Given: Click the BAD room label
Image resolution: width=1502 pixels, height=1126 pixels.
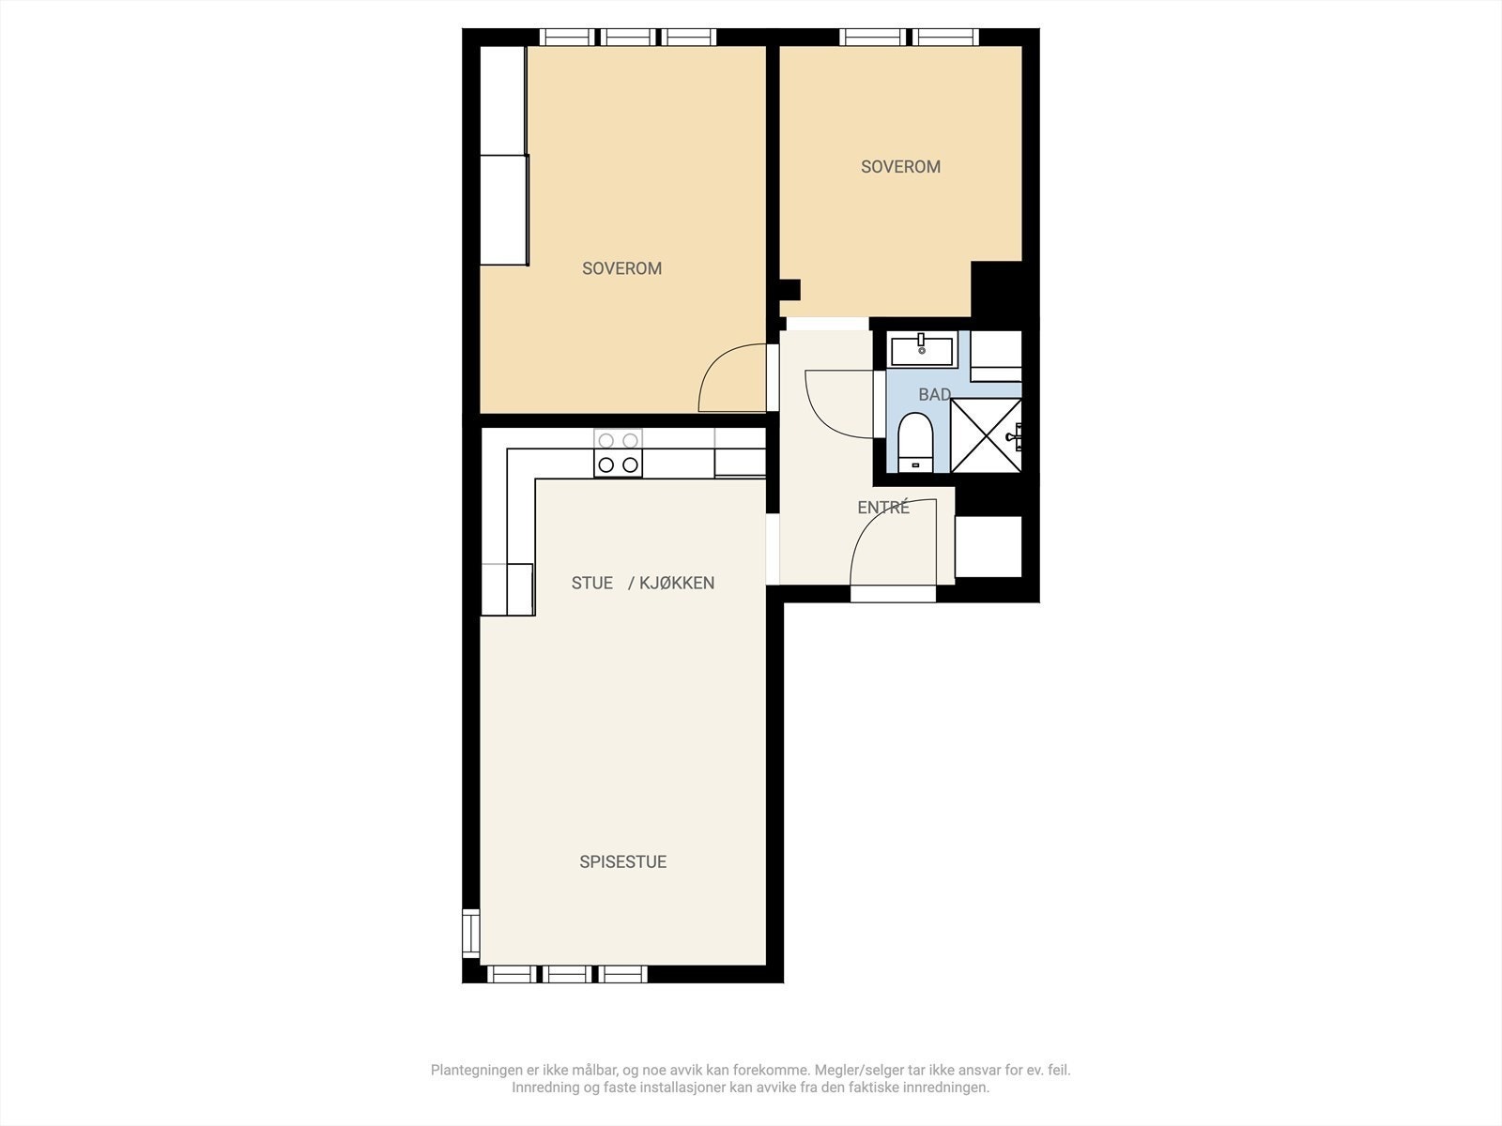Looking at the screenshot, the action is click(x=935, y=394).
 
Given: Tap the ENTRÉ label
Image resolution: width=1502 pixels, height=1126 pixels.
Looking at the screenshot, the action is click(x=883, y=508).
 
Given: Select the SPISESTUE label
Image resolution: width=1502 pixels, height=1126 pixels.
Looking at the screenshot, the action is click(x=622, y=862).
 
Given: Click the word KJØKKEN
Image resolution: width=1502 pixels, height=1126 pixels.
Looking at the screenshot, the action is click(x=677, y=583).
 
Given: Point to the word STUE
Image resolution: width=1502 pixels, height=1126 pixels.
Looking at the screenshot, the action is click(x=592, y=583).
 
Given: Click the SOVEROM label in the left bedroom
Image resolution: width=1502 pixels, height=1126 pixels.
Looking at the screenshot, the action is click(x=622, y=268).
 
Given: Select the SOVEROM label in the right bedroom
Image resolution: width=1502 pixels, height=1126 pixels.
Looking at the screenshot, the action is click(x=900, y=167).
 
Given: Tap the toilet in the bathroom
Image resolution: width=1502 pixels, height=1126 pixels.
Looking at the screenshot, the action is click(x=915, y=442).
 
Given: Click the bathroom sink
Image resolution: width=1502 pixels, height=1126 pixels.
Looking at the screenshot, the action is click(x=922, y=351).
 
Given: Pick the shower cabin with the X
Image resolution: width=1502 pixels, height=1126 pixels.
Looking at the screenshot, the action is click(x=986, y=435).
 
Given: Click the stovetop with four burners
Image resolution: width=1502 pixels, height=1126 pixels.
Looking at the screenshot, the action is click(x=618, y=452).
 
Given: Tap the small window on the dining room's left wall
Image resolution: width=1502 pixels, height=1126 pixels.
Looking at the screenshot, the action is click(x=471, y=934).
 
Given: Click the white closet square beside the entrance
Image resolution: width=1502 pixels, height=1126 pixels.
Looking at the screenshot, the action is click(x=989, y=547).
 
